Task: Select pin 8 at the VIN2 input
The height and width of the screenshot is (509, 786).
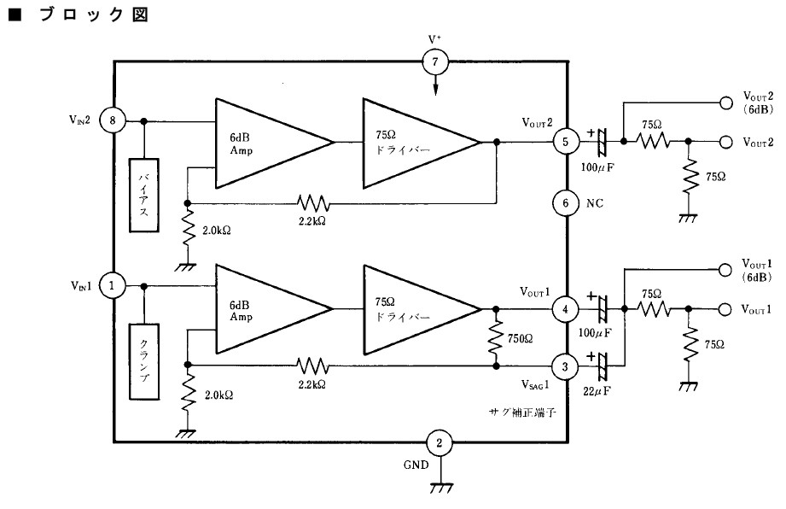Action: (x=113, y=120)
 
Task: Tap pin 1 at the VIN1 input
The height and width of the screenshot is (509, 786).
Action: (x=111, y=286)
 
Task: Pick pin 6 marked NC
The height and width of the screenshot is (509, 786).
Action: (x=566, y=203)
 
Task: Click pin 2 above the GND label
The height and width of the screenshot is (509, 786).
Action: (x=440, y=442)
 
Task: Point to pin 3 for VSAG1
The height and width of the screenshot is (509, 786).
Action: (x=565, y=366)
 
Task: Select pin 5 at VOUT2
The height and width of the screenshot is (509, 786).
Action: (x=566, y=142)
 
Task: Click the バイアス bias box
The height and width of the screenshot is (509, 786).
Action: (x=144, y=195)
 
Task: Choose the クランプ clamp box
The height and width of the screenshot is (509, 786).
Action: (x=144, y=361)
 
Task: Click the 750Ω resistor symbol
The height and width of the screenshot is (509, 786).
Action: (x=496, y=337)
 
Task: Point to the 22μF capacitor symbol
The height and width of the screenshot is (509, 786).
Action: (x=602, y=366)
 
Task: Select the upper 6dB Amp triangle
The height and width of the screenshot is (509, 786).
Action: (x=275, y=143)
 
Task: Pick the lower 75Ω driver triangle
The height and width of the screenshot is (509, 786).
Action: (x=422, y=309)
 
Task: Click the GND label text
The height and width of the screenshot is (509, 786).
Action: (x=416, y=465)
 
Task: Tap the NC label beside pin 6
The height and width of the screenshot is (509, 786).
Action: (x=595, y=203)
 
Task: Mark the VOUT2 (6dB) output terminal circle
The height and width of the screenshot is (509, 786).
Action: (x=725, y=102)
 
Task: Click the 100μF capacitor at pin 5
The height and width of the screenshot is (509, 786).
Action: (x=602, y=142)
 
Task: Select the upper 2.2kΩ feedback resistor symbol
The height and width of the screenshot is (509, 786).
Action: (x=313, y=203)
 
